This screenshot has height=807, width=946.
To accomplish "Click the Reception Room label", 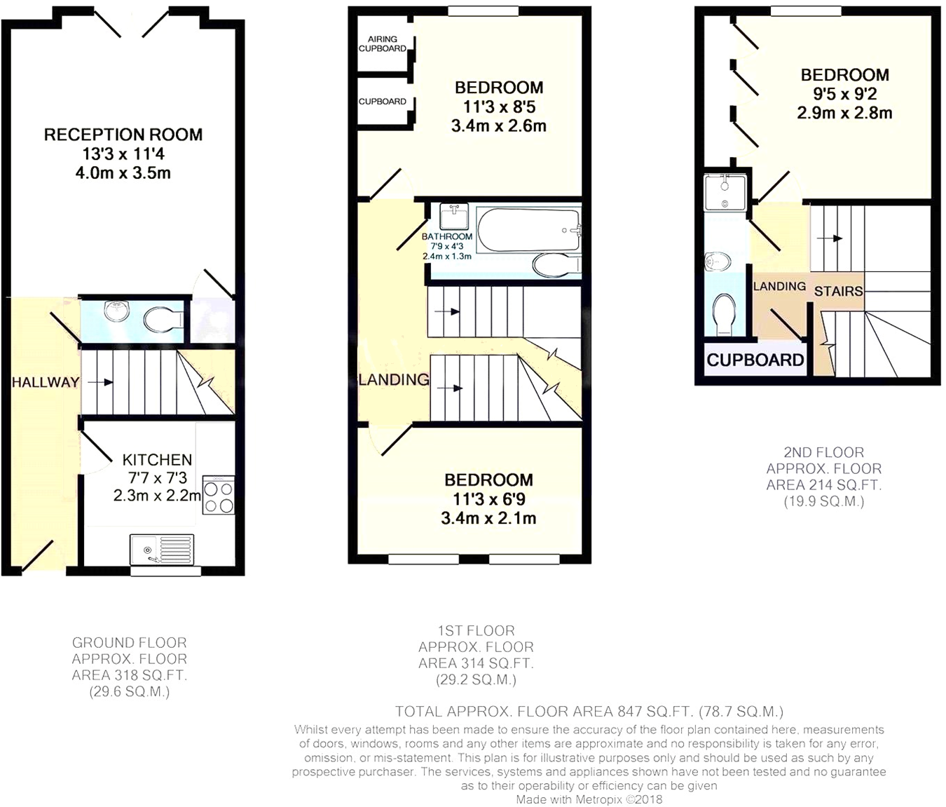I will pyautogui.click(x=123, y=135).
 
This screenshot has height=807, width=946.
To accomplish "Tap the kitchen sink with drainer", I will pyautogui.click(x=162, y=549).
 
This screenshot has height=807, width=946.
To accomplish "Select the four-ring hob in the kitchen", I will pyautogui.click(x=219, y=496).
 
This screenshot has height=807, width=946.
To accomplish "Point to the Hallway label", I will pyautogui.click(x=45, y=382).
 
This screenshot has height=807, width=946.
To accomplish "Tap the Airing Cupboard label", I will pyautogui.click(x=383, y=44).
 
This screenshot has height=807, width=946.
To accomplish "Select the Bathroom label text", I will pyautogui.click(x=447, y=236).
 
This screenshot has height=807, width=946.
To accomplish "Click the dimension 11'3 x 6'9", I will pyautogui.click(x=488, y=499).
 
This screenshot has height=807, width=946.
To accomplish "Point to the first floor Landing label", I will pyautogui.click(x=393, y=379).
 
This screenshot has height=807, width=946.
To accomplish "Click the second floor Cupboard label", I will pyautogui.click(x=755, y=360).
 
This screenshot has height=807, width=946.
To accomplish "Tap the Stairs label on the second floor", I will pyautogui.click(x=838, y=290).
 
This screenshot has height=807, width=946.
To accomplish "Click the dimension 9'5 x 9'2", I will pyautogui.click(x=844, y=94).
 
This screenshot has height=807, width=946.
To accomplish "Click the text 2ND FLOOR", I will pyautogui.click(x=823, y=453).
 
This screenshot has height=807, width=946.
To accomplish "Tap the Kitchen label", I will pyautogui.click(x=157, y=460).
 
